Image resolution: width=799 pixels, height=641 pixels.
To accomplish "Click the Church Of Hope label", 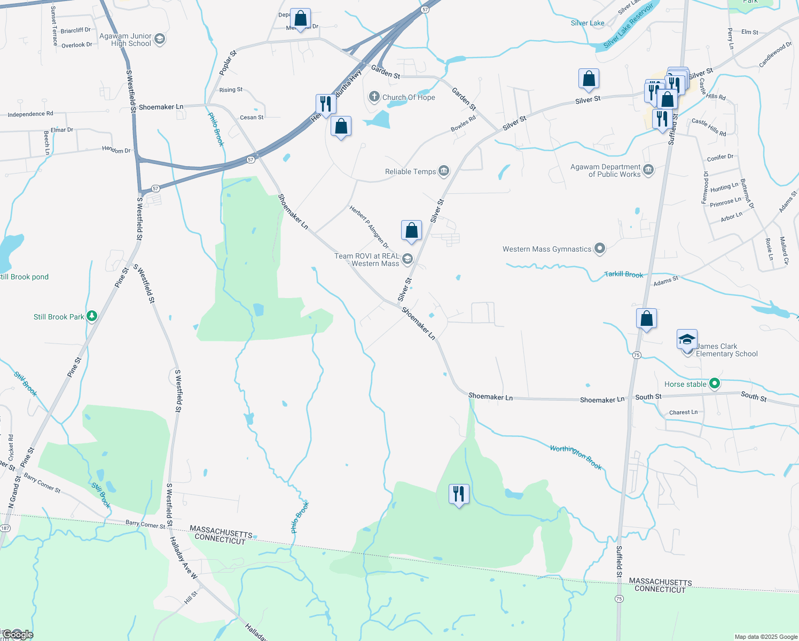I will pyautogui.click(x=409, y=97).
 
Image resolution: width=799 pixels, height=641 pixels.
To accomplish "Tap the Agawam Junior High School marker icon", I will pyautogui.click(x=160, y=40).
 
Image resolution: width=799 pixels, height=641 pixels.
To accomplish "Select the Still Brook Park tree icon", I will pyautogui.click(x=92, y=316).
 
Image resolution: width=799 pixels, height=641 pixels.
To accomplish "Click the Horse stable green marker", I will pyautogui.click(x=714, y=384).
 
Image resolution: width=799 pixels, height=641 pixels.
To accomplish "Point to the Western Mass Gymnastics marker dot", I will pyautogui.click(x=600, y=248).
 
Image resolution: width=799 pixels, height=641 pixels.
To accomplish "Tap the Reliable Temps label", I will pyautogui.click(x=410, y=171).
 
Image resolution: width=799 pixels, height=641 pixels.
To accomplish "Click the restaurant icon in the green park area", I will pyautogui.click(x=459, y=494).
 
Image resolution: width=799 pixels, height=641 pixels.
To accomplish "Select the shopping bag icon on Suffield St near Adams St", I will pyautogui.click(x=646, y=318).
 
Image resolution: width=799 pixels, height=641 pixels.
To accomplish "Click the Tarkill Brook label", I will pyautogui.click(x=624, y=274).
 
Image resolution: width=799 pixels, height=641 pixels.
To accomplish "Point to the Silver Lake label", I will pyautogui.click(x=587, y=23).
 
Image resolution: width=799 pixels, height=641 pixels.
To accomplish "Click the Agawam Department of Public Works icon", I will pyautogui.click(x=648, y=170).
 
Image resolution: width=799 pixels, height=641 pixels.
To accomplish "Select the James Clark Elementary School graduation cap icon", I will pyautogui.click(x=687, y=340).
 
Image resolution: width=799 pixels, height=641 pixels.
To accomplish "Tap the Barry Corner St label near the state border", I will pyautogui.click(x=145, y=525).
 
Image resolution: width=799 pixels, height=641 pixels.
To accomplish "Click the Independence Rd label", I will pyautogui.click(x=30, y=114).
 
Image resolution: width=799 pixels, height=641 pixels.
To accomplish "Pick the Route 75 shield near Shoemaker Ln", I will pyautogui.click(x=636, y=355).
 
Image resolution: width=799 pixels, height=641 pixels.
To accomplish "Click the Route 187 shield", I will pyautogui.click(x=5, y=528).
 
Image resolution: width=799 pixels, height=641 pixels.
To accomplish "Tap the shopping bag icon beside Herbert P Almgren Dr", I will pyautogui.click(x=411, y=230).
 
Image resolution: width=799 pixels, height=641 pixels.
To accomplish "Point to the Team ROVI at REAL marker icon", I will pyautogui.click(x=408, y=260).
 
